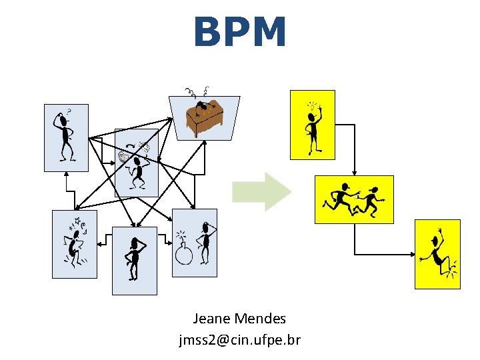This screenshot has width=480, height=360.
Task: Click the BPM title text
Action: tap(240, 33)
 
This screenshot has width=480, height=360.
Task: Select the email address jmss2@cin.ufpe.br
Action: tap(239, 340)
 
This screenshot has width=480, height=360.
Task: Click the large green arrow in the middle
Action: tap(261, 191)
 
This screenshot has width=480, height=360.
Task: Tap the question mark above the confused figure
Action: tap(69, 111)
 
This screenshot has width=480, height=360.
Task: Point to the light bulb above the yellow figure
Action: tap(311, 105)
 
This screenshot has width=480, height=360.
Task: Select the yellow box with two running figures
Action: tap(354, 199)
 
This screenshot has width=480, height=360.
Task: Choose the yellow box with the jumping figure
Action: tap(437, 254)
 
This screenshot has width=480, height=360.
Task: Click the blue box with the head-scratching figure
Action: tap(66, 137)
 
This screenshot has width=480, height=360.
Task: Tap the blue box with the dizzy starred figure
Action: tap(75, 244)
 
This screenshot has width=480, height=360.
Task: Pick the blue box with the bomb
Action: tap(195, 243)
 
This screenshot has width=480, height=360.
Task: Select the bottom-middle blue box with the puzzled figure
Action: tap(135, 261)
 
